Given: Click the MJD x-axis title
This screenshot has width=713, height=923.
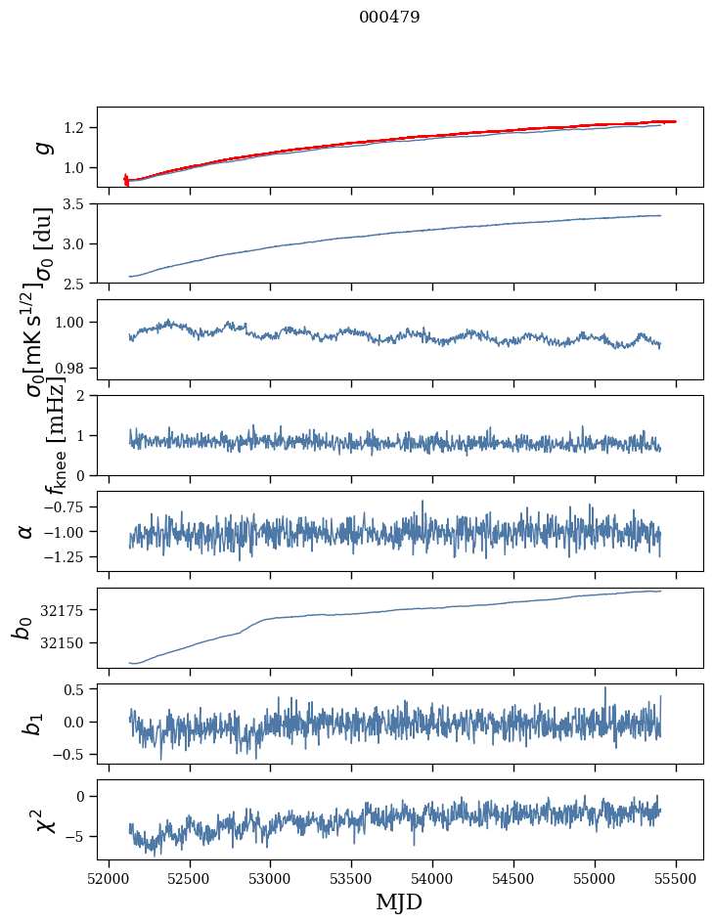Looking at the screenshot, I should click(399, 902).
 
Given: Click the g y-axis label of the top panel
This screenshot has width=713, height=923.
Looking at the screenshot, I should click(42, 147).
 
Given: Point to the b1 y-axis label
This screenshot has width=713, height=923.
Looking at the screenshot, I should click(32, 724).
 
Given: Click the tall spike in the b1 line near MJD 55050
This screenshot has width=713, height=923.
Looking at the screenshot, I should click(604, 688).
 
